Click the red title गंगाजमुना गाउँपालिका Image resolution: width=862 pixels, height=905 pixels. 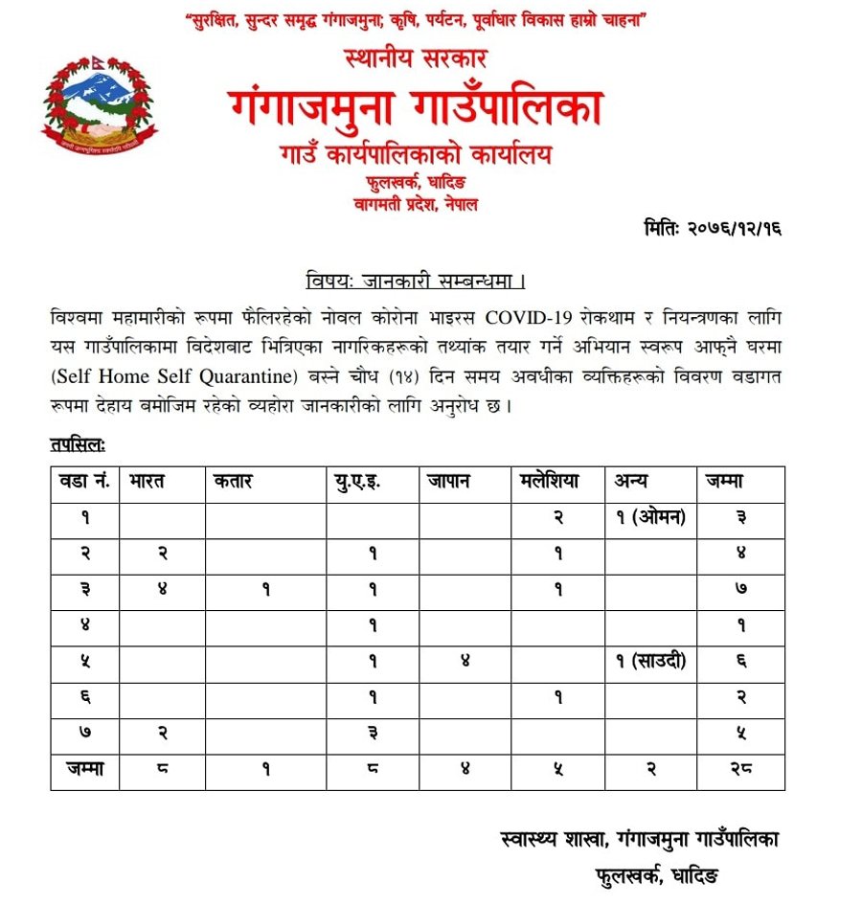point(416,106)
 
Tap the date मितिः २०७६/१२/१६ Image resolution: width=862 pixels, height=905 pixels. point(713,229)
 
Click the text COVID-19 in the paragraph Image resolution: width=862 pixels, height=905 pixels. point(533,316)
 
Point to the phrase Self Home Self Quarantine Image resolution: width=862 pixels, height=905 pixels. point(170,375)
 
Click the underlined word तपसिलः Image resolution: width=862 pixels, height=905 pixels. point(78,443)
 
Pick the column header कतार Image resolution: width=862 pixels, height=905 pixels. point(234,482)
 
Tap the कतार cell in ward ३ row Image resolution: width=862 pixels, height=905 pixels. point(265,590)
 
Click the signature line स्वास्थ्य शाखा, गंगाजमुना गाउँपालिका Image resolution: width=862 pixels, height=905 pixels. point(640,839)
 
